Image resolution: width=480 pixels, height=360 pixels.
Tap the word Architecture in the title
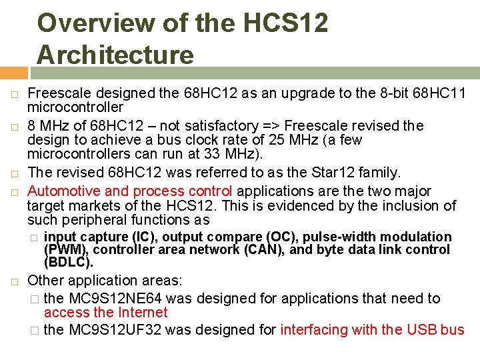[x=115, y=54]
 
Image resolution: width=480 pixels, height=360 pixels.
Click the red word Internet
[x=141, y=312]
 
